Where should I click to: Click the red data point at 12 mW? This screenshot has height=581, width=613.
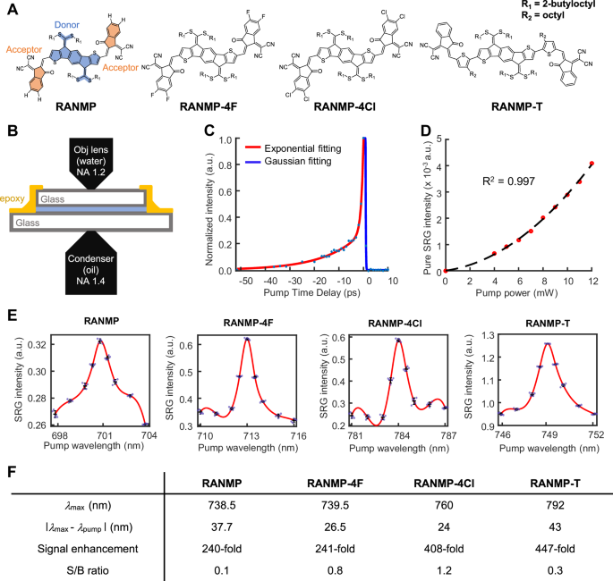pyautogui.click(x=591, y=164)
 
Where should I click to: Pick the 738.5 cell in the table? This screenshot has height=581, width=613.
pyautogui.click(x=234, y=506)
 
